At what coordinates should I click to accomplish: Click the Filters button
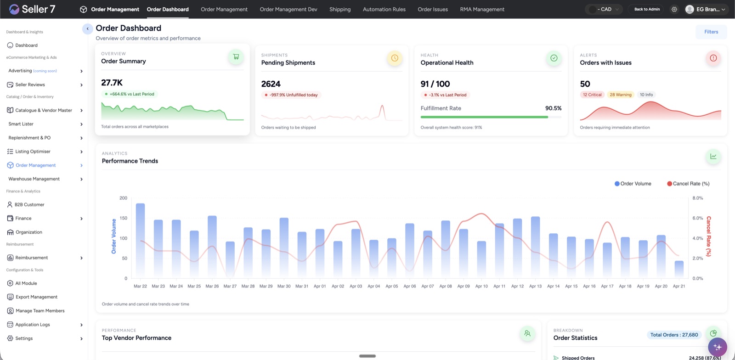[x=711, y=32]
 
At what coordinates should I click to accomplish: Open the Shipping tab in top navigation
[x=339, y=9]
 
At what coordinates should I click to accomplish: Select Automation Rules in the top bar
[x=384, y=9]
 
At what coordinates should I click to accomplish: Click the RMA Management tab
[x=482, y=9]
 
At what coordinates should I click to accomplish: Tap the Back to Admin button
[x=647, y=9]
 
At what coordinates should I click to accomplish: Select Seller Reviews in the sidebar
[x=30, y=84]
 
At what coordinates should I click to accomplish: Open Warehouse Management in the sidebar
[x=34, y=179]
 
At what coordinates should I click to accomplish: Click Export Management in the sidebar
[x=36, y=297]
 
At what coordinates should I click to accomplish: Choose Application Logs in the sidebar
[x=33, y=325]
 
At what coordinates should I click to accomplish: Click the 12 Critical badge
[x=592, y=95]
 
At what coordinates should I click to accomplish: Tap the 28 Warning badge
[x=620, y=95]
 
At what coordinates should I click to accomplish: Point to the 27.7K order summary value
[x=112, y=83]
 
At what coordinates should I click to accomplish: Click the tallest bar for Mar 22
[x=141, y=239]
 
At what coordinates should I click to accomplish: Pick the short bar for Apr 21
[x=679, y=270]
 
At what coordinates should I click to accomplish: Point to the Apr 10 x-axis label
[x=481, y=286]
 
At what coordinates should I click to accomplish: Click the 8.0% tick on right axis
[x=697, y=198]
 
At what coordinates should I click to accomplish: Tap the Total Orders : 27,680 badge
[x=674, y=335]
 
